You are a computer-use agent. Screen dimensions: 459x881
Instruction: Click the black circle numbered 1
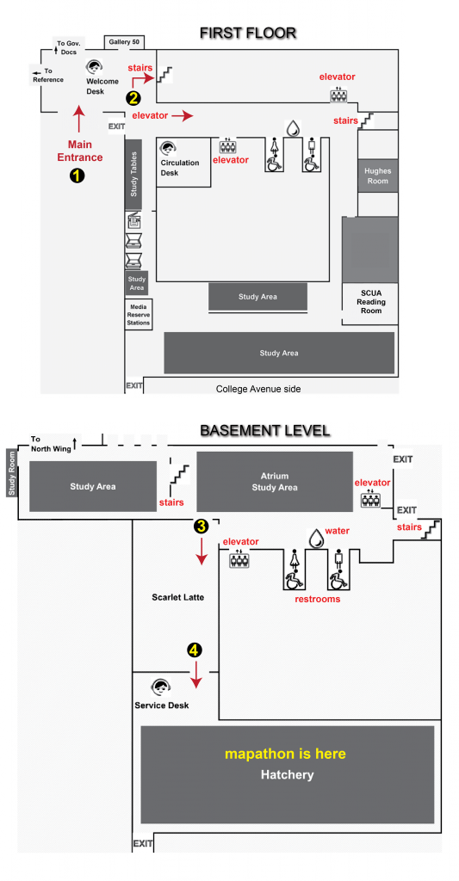coord(77,176)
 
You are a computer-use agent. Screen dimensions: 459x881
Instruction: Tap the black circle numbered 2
coord(133,98)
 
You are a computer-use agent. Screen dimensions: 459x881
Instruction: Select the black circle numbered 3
coord(201,526)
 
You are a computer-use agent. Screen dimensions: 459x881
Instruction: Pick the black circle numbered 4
coord(194,650)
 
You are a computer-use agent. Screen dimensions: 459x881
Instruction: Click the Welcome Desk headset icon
coord(94,67)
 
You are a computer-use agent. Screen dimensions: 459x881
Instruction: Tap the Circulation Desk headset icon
coord(168,149)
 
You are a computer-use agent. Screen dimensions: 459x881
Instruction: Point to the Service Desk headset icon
coord(161,687)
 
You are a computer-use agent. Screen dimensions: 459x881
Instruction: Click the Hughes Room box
coord(377,176)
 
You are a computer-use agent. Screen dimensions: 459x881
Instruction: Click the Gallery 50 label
coord(124,42)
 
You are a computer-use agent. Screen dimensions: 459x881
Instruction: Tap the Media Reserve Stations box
coord(139,315)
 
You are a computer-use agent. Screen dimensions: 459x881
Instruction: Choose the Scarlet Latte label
coord(177,597)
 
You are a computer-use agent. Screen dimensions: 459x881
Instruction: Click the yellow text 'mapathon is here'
coord(285,754)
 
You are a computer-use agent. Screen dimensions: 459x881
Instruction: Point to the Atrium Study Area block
coord(275,482)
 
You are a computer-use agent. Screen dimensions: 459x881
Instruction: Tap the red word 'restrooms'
coord(317,599)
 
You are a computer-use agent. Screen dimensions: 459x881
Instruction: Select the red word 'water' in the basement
coord(338,531)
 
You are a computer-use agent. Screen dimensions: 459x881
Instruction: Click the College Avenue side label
coord(258,389)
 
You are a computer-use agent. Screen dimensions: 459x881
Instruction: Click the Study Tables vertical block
coord(133,175)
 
